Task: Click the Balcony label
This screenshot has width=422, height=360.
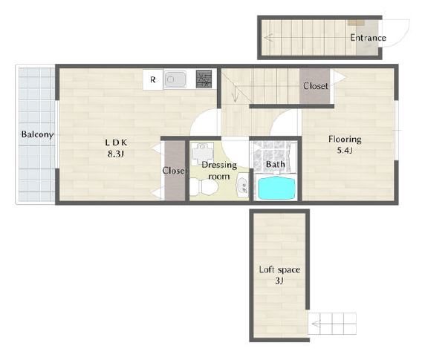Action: (x=37, y=134)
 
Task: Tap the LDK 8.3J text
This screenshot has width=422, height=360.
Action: (x=116, y=148)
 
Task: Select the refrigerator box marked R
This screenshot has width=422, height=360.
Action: (x=153, y=79)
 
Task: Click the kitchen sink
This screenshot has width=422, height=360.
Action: (x=175, y=79)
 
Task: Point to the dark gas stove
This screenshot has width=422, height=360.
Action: (x=204, y=79)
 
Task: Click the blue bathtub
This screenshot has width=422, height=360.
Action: (x=276, y=188)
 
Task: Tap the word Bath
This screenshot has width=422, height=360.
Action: (x=276, y=164)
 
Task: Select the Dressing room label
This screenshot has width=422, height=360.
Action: (x=219, y=171)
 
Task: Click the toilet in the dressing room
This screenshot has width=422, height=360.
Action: (x=204, y=186)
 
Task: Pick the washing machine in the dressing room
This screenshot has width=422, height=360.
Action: (x=202, y=154)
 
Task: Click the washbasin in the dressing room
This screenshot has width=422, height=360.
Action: (x=242, y=186)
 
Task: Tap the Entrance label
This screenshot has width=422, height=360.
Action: (x=368, y=38)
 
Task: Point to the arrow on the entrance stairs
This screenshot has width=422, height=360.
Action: (x=268, y=38)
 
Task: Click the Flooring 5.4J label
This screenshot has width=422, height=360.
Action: (x=345, y=145)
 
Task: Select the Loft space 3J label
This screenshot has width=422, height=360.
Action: (x=279, y=275)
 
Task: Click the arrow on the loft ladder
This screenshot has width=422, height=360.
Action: (x=316, y=324)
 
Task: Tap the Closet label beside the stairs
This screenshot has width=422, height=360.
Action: (x=316, y=86)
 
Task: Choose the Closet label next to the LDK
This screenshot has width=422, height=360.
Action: (x=175, y=171)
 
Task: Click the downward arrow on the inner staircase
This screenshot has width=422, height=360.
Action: (x=235, y=94)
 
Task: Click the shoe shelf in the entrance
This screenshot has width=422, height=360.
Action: (x=356, y=22)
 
